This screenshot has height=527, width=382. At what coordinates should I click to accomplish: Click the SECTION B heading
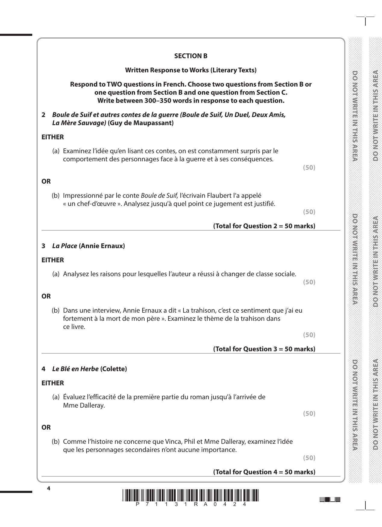tap(191, 56)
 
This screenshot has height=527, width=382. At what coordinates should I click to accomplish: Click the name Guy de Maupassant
tap(141, 123)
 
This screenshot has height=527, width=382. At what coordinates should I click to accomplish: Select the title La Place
tap(64, 246)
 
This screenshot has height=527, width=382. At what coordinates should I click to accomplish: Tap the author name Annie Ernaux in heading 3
tap(102, 246)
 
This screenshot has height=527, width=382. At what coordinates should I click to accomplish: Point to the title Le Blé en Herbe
tap(75, 369)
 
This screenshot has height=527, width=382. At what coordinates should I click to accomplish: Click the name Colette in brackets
tap(114, 369)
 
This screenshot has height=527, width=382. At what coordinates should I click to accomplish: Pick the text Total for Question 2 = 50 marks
tap(264, 226)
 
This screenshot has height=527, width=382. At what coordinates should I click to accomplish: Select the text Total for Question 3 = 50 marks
tap(264, 349)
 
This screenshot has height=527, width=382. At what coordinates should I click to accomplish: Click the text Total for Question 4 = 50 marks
tap(264, 472)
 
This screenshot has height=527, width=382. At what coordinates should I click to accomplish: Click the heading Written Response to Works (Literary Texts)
tap(191, 70)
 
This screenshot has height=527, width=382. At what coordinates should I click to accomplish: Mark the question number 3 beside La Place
tap(43, 246)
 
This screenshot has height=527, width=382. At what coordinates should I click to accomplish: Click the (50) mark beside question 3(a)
tap(309, 282)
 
